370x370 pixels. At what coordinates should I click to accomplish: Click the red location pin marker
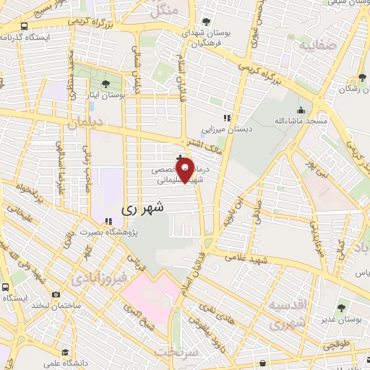point(185,171)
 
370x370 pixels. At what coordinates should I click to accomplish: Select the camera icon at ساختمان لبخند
point(56,295)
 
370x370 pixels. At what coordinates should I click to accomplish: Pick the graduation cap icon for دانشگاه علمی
point(66,352)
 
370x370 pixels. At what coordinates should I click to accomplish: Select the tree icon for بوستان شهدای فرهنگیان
point(207,22)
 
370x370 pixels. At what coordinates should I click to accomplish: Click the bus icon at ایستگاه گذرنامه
point(25,27)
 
